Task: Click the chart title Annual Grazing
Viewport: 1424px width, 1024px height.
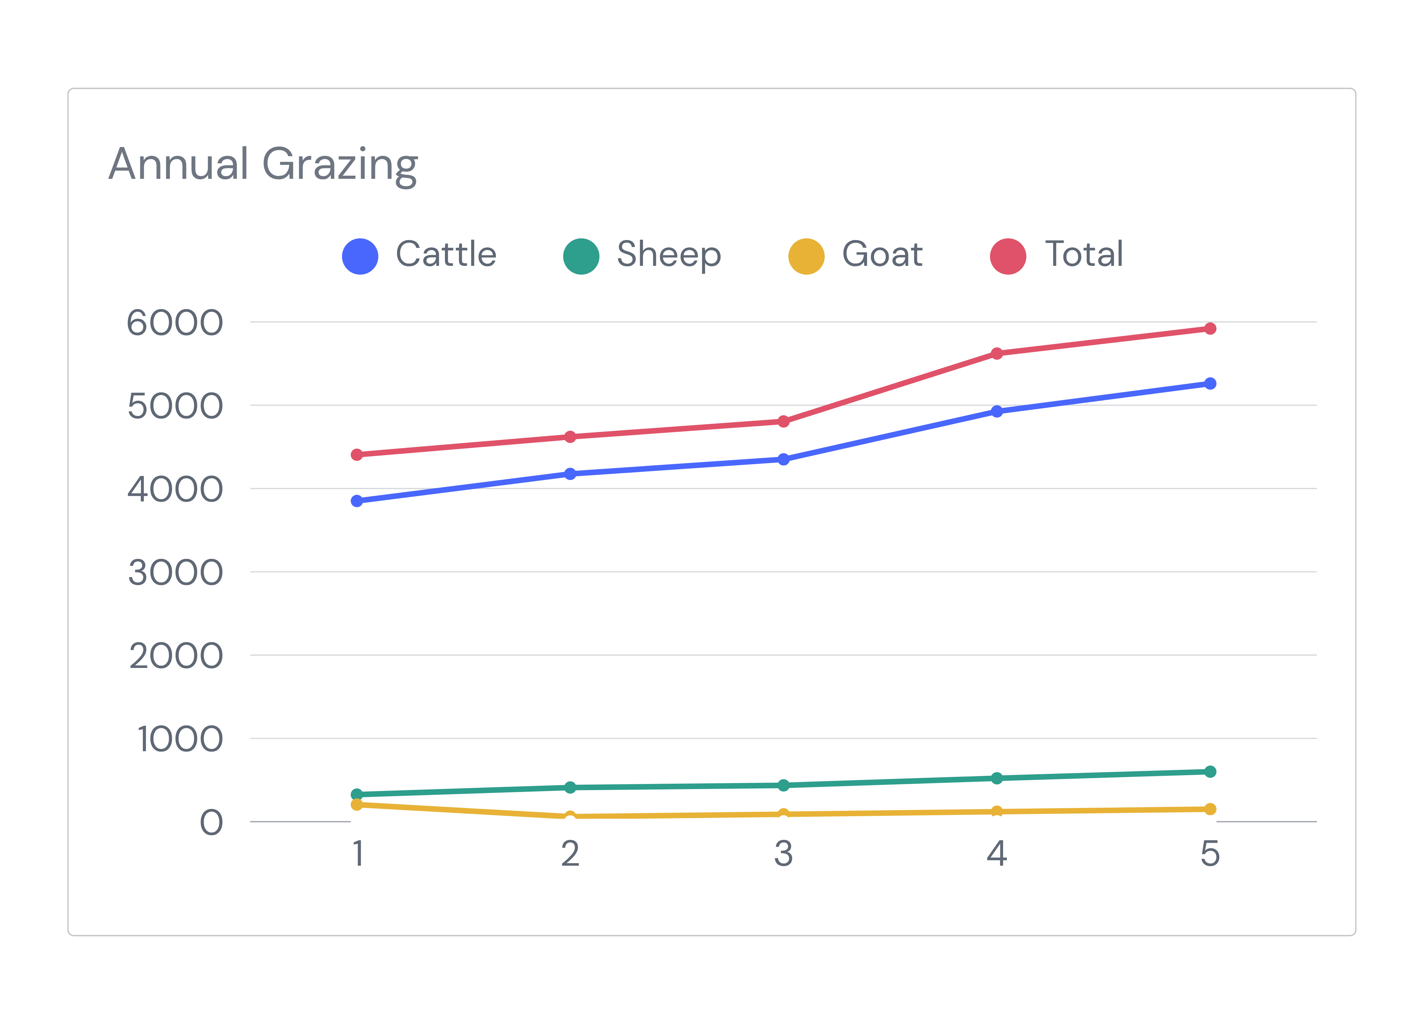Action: [x=263, y=165]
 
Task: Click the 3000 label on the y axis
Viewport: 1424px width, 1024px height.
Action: [x=175, y=573]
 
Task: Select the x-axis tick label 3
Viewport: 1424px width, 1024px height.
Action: [x=784, y=853]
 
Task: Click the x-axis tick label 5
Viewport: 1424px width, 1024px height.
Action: [x=1210, y=853]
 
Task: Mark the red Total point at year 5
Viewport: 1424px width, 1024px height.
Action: [x=1210, y=328]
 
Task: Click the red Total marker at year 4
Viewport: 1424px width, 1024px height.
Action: [x=996, y=354]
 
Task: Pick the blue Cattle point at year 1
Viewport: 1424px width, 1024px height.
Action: [x=357, y=500]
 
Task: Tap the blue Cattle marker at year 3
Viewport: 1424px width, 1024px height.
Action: [x=784, y=459]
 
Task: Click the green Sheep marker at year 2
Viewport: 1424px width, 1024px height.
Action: [x=570, y=787]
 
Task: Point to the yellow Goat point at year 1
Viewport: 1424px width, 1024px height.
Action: [x=357, y=804]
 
